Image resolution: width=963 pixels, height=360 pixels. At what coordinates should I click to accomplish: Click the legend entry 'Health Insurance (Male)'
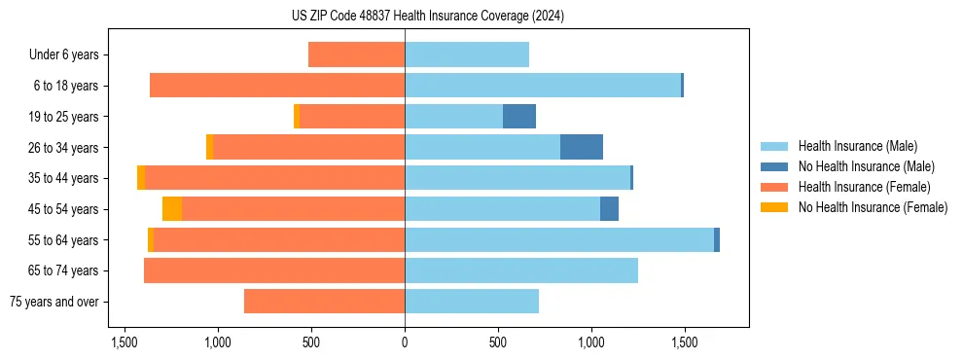click(857, 146)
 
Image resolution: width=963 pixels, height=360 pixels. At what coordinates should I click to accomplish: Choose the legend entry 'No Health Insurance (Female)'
click(873, 207)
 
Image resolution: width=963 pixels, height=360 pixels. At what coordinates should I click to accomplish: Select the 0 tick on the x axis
click(405, 343)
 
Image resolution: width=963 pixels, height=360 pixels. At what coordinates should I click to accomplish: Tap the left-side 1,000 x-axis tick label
click(217, 343)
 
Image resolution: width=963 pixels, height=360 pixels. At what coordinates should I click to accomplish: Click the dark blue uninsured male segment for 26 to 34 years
click(582, 147)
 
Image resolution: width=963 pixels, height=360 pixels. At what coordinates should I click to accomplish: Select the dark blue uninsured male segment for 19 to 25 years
click(519, 117)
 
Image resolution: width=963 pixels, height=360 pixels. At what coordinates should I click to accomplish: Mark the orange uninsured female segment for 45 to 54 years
click(172, 209)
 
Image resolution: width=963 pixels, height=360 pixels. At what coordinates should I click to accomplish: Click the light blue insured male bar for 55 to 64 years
click(559, 239)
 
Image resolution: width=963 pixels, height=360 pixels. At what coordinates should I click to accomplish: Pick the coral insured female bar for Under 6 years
click(356, 54)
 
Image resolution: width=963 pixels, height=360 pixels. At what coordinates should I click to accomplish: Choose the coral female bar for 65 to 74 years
click(274, 270)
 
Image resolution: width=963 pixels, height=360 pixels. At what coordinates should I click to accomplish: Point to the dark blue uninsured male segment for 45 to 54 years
click(609, 209)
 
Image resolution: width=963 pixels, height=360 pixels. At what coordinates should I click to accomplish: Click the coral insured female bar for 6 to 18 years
click(277, 86)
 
